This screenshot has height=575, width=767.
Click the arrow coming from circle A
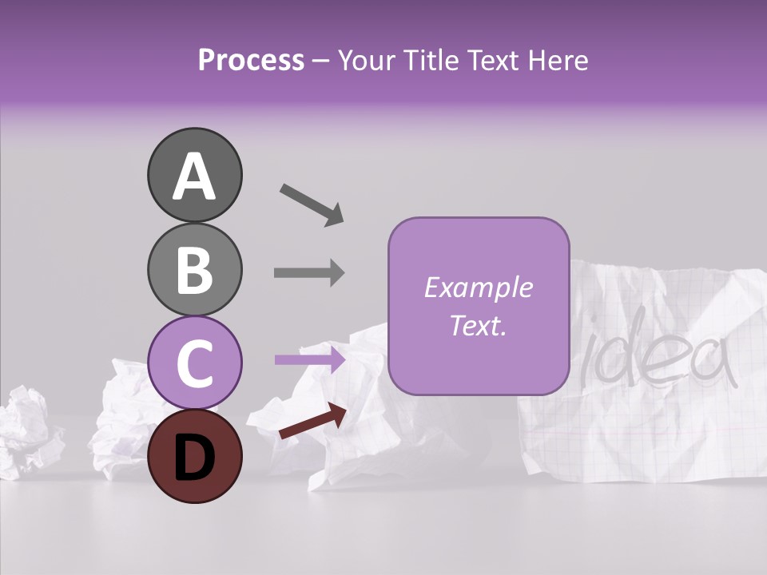(x=312, y=204)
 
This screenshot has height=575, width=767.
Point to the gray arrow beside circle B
(x=309, y=273)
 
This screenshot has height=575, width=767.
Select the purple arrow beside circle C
(x=309, y=360)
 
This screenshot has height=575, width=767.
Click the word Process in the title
(x=251, y=60)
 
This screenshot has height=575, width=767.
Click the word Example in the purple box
(x=478, y=287)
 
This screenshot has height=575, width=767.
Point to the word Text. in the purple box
(x=478, y=325)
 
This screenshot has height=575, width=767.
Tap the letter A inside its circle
(x=194, y=176)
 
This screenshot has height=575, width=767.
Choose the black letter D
(x=194, y=457)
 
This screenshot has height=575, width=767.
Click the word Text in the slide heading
(x=492, y=60)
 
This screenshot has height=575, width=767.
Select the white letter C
(x=194, y=363)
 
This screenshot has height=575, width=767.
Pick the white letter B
(x=194, y=269)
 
